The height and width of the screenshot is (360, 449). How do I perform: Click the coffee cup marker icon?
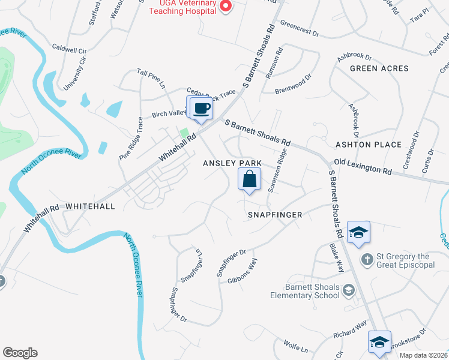[201, 109]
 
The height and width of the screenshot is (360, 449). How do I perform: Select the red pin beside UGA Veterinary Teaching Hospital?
[226, 7]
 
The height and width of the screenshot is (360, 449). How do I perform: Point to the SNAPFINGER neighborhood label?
[275, 214]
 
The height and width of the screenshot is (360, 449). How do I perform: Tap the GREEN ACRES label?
[379, 68]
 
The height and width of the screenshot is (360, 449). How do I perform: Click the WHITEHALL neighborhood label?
[89, 205]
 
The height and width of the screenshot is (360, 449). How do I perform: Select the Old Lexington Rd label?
[363, 166]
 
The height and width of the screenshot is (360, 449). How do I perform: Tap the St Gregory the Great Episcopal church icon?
[367, 259]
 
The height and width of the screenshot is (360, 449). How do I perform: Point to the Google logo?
[20, 353]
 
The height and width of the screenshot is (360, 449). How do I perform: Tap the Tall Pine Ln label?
[151, 78]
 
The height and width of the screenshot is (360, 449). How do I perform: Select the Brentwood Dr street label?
[294, 85]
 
